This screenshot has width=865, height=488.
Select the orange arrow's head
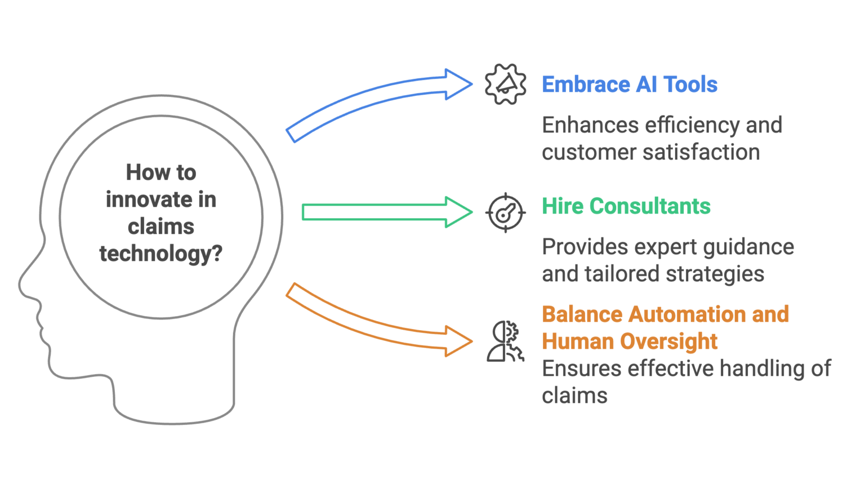pyautogui.click(x=458, y=341)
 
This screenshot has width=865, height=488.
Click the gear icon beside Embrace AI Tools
pyautogui.click(x=506, y=85)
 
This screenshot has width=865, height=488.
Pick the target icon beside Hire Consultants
pyautogui.click(x=506, y=212)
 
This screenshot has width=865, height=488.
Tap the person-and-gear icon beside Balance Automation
pyautogui.click(x=505, y=341)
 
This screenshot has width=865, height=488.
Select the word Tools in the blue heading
pyautogui.click(x=691, y=85)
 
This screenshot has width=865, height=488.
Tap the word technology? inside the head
pyautogui.click(x=161, y=254)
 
